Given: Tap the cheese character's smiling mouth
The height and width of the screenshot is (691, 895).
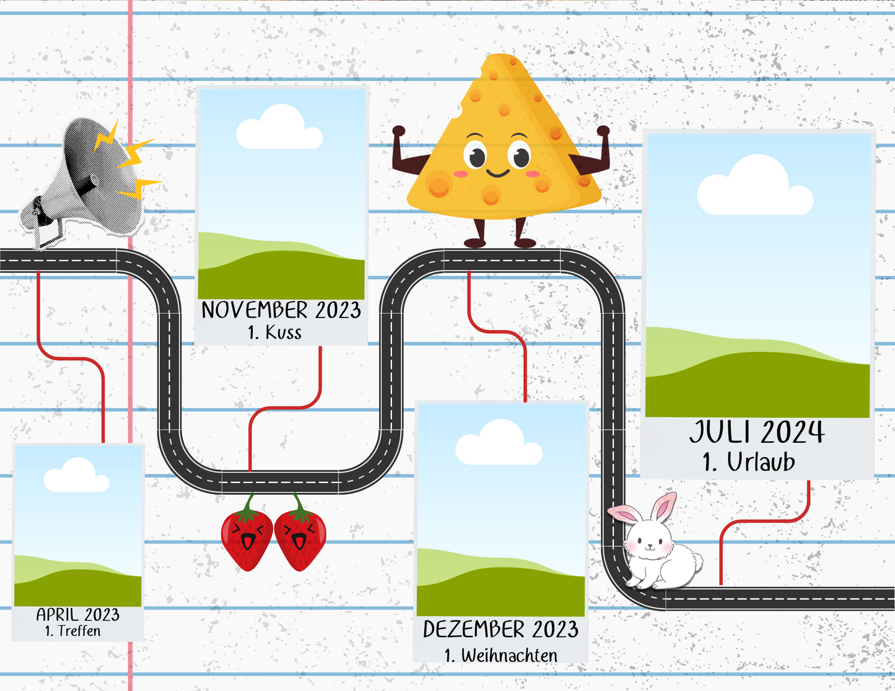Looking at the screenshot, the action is pyautogui.click(x=497, y=173).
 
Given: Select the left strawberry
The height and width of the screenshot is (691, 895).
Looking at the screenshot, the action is pyautogui.click(x=247, y=535).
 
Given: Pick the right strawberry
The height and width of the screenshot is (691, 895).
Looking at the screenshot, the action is pyautogui.click(x=300, y=535).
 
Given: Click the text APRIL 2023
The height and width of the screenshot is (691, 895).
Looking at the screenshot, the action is pyautogui.click(x=78, y=615).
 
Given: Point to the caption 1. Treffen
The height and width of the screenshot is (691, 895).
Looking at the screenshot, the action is pyautogui.click(x=72, y=631).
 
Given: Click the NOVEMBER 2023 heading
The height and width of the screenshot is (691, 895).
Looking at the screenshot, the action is pyautogui.click(x=281, y=310).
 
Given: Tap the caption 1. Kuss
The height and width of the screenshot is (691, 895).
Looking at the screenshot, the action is pyautogui.click(x=275, y=332).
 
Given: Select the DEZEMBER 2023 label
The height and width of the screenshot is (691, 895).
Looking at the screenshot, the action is pyautogui.click(x=500, y=629).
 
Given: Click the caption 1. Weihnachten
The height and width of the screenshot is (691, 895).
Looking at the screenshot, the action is pyautogui.click(x=501, y=655).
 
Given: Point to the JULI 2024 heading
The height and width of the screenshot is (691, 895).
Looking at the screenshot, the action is pyautogui.click(x=757, y=432).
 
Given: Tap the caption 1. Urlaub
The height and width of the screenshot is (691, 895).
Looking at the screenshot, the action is pyautogui.click(x=749, y=462).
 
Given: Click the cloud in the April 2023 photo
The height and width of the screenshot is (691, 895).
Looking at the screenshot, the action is pyautogui.click(x=77, y=475).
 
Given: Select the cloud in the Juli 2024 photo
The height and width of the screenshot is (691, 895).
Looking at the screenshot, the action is pyautogui.click(x=755, y=185).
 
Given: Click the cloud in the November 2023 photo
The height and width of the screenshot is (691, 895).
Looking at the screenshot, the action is pyautogui.click(x=279, y=127).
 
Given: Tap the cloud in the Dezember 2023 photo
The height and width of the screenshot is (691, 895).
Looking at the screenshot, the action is pyautogui.click(x=499, y=443).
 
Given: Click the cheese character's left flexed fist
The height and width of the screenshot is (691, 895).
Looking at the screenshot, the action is pyautogui.click(x=399, y=131).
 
